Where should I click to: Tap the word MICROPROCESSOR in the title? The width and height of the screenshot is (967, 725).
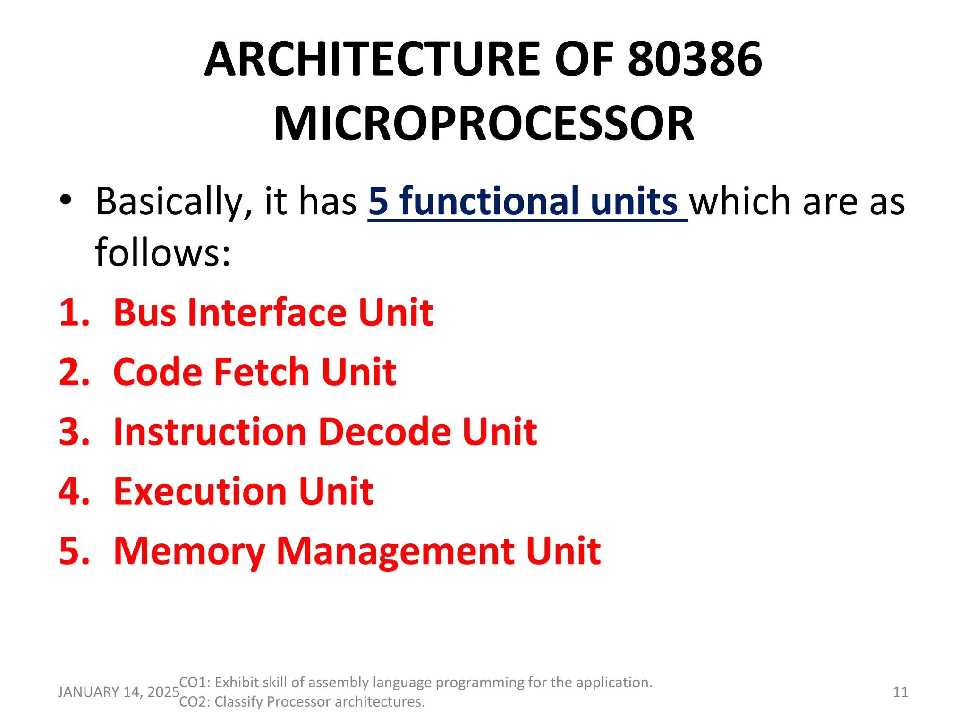coord(484,124)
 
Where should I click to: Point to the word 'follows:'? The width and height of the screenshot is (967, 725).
coord(162,252)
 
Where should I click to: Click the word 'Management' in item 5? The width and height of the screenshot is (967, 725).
coord(395,551)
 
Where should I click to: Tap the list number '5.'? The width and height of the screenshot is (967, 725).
coord(74,551)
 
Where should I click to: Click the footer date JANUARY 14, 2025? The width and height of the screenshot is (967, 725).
coord(119,692)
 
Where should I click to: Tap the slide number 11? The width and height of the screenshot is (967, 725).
coord(900,692)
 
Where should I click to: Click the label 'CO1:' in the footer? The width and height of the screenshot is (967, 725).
coord(195,683)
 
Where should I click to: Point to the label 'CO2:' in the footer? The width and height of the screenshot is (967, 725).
coord(195,702)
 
